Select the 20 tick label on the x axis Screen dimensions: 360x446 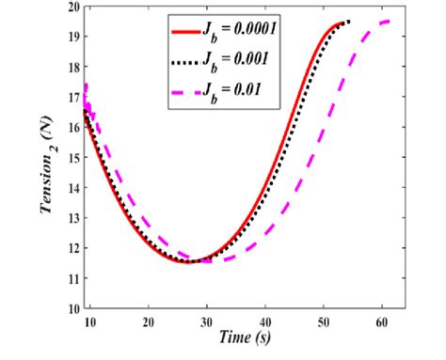149,321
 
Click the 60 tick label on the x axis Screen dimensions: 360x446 383,321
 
